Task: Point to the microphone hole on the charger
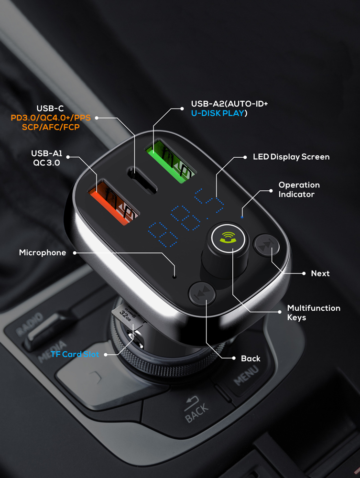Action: tap(175, 276)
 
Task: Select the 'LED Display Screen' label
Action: tap(291, 157)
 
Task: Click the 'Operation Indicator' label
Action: tap(299, 189)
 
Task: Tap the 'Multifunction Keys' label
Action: tap(314, 313)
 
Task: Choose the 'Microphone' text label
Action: tap(43, 252)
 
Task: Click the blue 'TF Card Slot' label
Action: tap(75, 355)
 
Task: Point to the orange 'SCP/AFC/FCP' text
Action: tap(51, 127)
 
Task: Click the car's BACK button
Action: tap(196, 410)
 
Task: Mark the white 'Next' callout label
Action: tap(320, 273)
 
